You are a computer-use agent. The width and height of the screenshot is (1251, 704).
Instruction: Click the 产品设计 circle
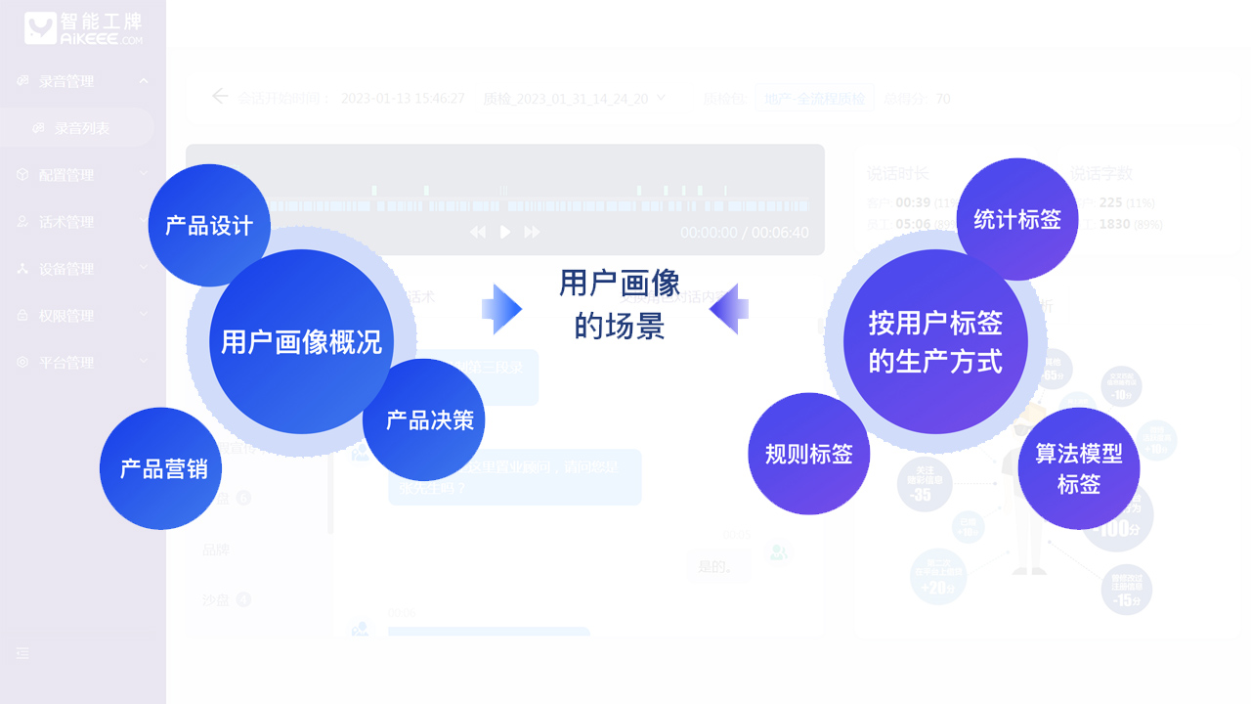[209, 225]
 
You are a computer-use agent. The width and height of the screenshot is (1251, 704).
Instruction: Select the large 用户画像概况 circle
[301, 341]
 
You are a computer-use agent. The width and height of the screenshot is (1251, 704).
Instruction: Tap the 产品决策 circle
[424, 419]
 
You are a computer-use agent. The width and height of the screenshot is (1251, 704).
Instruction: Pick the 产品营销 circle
[161, 468]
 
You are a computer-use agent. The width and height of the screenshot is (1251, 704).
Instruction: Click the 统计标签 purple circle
[1017, 219]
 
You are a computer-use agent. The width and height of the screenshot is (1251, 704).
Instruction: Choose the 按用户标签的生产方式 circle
[935, 341]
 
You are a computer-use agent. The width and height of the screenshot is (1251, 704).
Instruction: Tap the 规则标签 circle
[809, 454]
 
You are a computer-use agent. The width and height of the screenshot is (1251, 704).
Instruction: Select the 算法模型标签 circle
[1079, 468]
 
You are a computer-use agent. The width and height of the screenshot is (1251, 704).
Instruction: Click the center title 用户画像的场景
[620, 303]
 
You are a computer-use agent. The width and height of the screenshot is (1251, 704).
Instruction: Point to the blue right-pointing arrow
[501, 310]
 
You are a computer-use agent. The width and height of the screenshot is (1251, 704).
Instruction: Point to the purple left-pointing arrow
[729, 310]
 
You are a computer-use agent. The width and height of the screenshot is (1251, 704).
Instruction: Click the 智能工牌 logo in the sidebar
[83, 28]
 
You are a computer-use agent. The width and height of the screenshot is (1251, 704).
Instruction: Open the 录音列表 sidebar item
[81, 128]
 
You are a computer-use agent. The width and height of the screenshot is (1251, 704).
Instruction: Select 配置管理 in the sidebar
[66, 175]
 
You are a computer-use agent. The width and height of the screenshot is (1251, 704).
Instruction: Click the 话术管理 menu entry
[66, 222]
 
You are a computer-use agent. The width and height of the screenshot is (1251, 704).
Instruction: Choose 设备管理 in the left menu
[66, 269]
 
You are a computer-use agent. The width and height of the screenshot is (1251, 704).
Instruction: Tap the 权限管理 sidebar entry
[66, 316]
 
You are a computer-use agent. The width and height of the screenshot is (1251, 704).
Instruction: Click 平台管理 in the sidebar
[66, 363]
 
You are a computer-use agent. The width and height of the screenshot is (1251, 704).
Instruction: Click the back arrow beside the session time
[220, 96]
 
